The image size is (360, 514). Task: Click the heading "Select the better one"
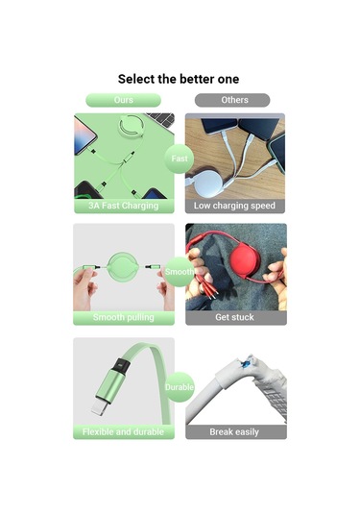pos(179,79)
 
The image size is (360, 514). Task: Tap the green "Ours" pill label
pos(124,100)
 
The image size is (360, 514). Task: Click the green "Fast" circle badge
pos(180,159)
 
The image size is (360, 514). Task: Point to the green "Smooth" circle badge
pos(180,272)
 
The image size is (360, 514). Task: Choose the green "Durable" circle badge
pos(180,387)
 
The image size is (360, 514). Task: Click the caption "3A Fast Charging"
pos(124,206)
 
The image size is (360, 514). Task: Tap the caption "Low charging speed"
pos(234,206)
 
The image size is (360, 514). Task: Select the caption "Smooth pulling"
pos(124,317)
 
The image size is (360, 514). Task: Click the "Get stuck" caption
pos(234,317)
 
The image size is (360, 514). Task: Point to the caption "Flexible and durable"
pos(123,432)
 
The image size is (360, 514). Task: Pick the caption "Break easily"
pos(234,432)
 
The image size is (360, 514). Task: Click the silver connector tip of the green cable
pos(98,407)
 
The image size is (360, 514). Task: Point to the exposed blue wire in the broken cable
pos(244,363)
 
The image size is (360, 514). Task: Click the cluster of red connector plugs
pos(204,286)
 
